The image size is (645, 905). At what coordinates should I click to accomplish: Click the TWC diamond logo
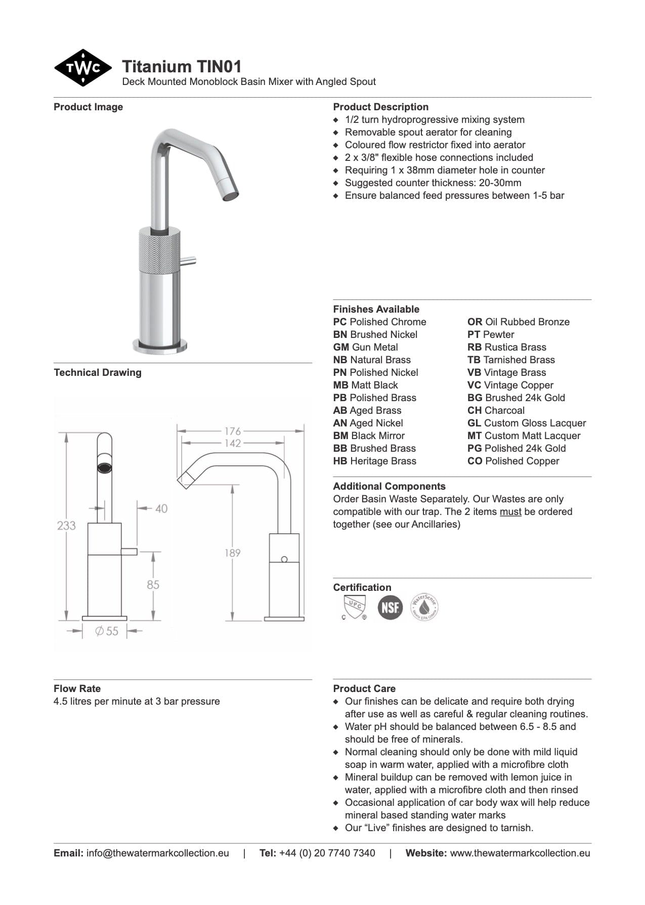[83, 68]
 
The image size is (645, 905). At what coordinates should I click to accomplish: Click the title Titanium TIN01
[182, 66]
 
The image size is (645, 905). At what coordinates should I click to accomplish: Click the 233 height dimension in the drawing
[66, 526]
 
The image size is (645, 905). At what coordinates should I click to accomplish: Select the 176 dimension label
[233, 431]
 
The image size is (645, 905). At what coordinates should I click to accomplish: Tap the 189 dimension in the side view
[233, 553]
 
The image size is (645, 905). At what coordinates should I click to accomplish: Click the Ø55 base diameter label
[107, 631]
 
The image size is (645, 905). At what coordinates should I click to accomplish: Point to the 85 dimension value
[153, 585]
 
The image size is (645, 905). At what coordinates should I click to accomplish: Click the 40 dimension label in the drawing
[161, 508]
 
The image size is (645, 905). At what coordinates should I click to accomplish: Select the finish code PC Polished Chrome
[379, 322]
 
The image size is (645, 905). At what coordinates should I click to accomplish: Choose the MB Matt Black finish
[365, 385]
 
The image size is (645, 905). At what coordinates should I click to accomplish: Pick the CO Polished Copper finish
[513, 461]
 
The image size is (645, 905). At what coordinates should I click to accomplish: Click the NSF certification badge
[390, 607]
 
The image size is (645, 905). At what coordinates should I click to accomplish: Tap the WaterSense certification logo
[424, 607]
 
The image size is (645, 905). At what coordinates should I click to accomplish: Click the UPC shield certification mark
[354, 607]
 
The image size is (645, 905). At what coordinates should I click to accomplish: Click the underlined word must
[510, 511]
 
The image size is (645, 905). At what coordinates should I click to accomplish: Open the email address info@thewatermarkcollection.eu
[157, 853]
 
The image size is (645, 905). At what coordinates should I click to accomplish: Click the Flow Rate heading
[77, 688]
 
